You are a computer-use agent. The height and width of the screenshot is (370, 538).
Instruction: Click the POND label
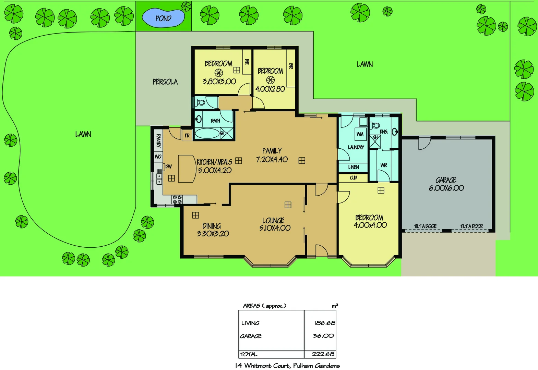click(163, 18)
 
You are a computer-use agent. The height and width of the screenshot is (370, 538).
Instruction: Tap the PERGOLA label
click(165, 82)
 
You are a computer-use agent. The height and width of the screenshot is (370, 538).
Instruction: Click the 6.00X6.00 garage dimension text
click(446, 188)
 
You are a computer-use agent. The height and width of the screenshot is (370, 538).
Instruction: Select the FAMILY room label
click(272, 151)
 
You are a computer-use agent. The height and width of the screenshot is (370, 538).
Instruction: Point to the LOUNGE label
click(273, 221)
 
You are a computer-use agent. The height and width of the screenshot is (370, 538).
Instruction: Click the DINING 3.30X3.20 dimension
click(213, 234)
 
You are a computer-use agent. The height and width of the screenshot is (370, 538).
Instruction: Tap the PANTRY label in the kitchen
click(158, 140)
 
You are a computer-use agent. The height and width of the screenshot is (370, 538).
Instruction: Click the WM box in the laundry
click(360, 134)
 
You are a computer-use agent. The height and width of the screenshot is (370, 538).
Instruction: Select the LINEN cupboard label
click(354, 167)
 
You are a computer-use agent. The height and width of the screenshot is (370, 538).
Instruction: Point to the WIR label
click(384, 165)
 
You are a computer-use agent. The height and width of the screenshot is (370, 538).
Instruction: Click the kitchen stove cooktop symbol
click(177, 199)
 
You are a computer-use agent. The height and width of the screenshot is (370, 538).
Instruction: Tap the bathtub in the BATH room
click(207, 133)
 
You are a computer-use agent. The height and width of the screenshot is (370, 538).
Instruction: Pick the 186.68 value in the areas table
click(324, 323)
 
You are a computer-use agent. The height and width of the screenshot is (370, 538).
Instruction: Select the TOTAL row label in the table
click(249, 354)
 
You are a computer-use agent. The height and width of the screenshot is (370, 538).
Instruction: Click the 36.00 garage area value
click(323, 336)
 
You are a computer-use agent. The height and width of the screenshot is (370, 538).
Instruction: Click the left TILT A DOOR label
click(425, 226)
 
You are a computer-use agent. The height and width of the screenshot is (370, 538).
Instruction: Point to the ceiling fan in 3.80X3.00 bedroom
click(219, 73)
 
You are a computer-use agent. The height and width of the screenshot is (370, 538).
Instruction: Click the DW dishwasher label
click(168, 166)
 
